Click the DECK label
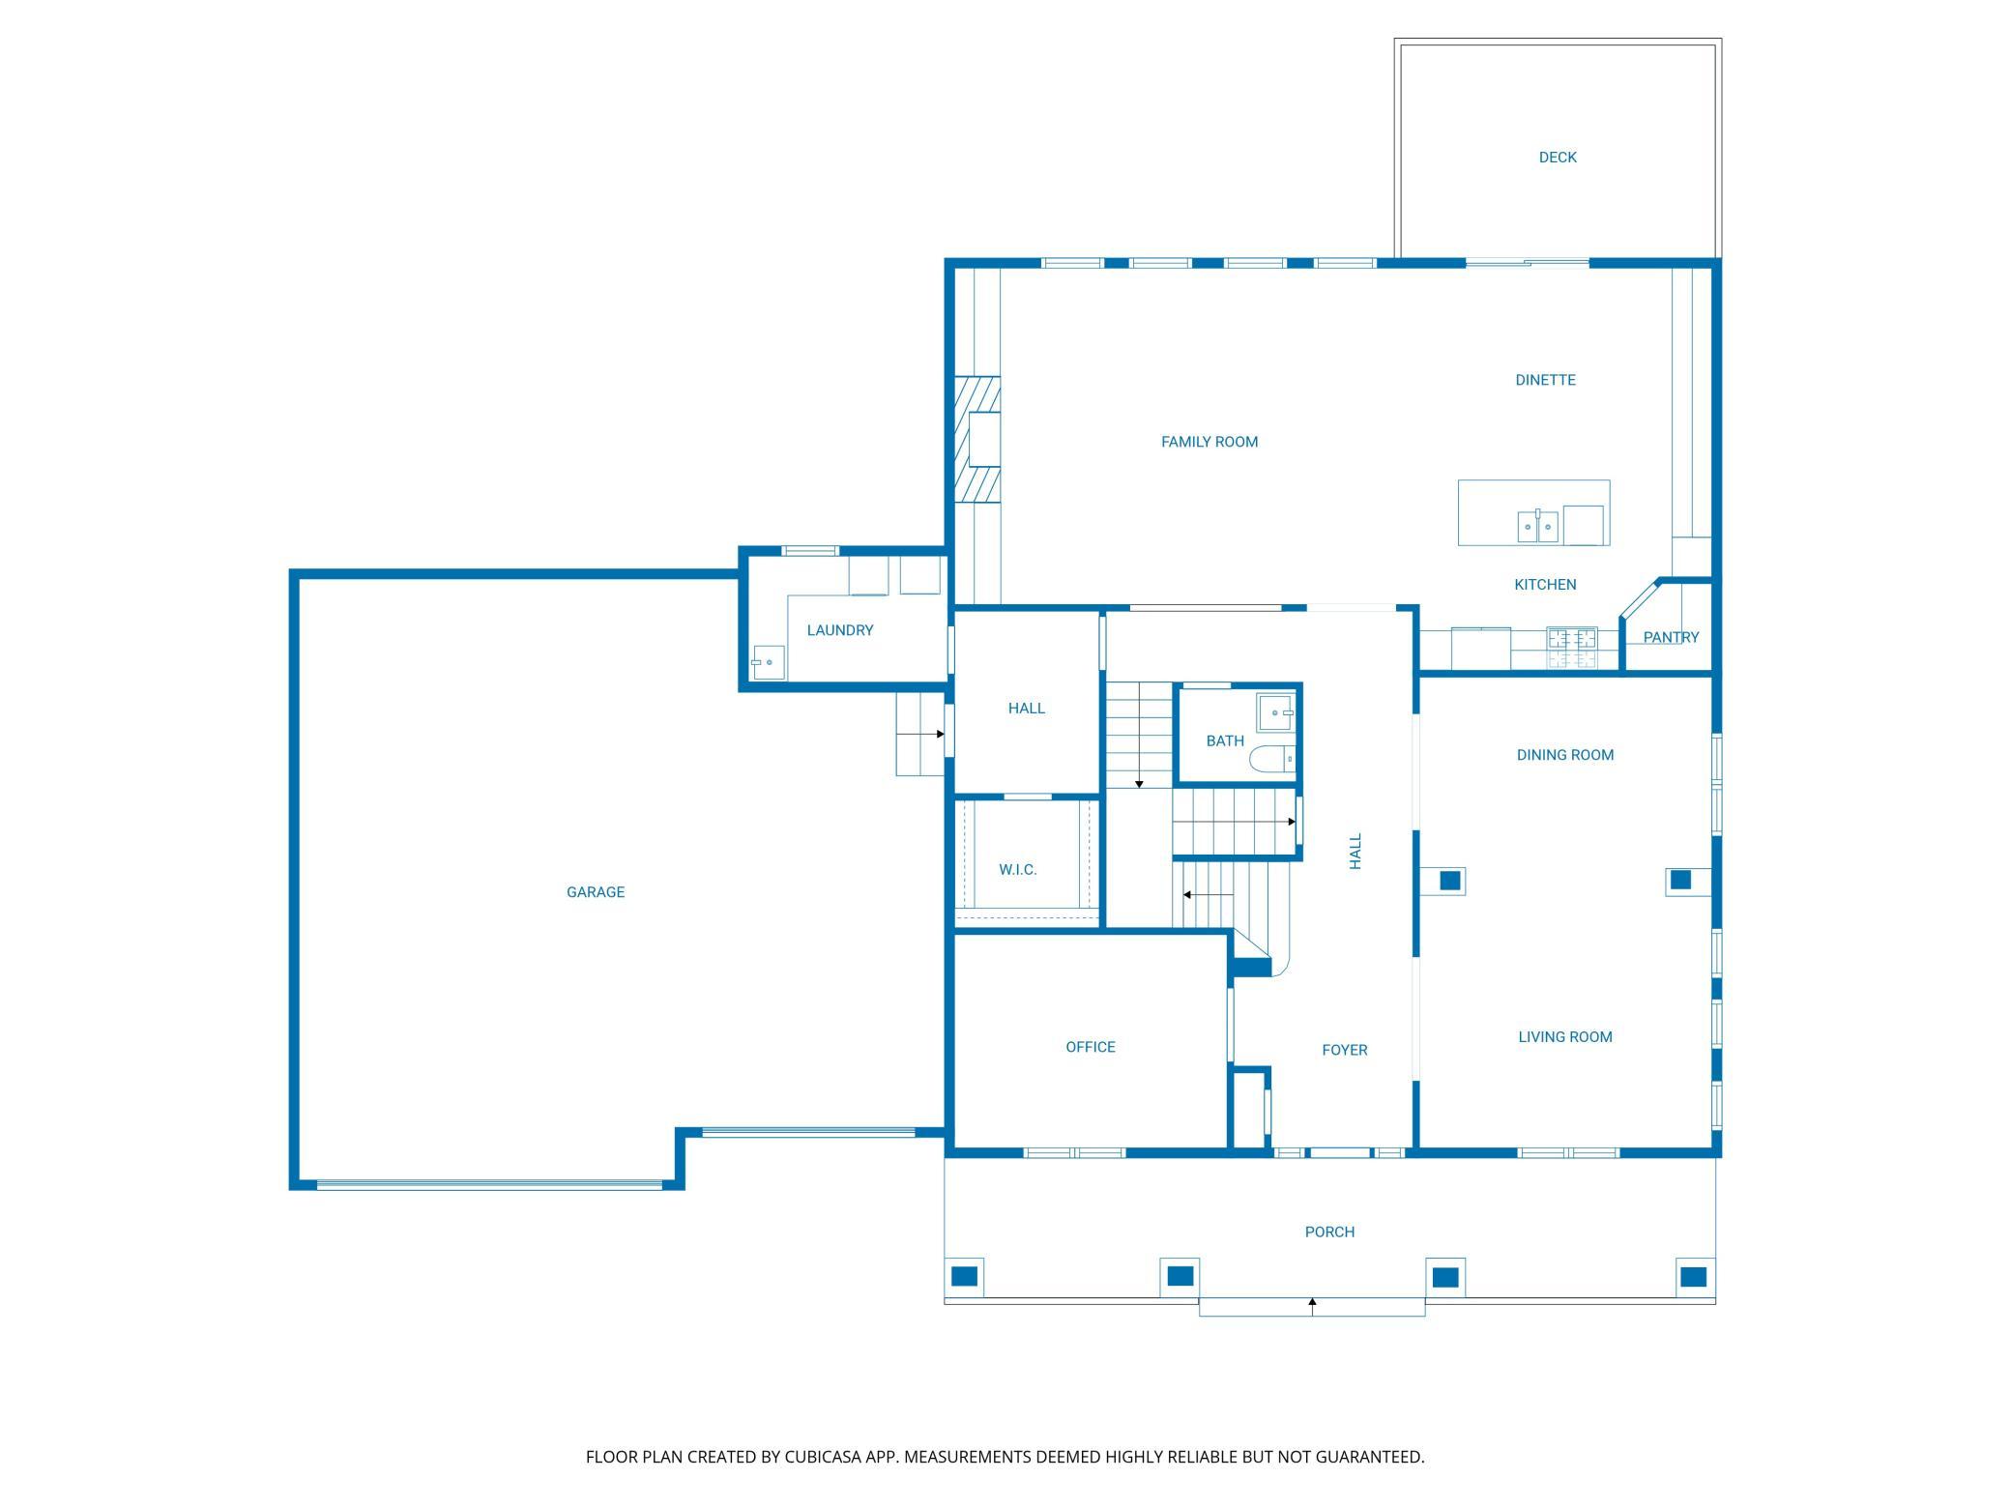pos(1558,158)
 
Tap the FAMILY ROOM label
pos(1210,442)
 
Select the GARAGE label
pos(596,892)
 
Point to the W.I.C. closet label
pos(1018,870)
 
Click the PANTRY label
pos(1671,637)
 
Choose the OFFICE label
pos(1091,1047)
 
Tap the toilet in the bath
pos(1272,759)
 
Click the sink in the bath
pos(1276,712)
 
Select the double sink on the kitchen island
pos(1537,526)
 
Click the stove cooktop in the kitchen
pos(1572,648)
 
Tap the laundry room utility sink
pos(768,662)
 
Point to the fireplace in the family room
pos(977,440)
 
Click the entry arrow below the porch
pos(1312,1306)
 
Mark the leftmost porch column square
pos(965,1277)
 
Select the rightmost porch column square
pos(1693,1277)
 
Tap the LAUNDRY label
pos(840,630)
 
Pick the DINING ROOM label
pos(1565,755)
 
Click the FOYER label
pos(1345,1050)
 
